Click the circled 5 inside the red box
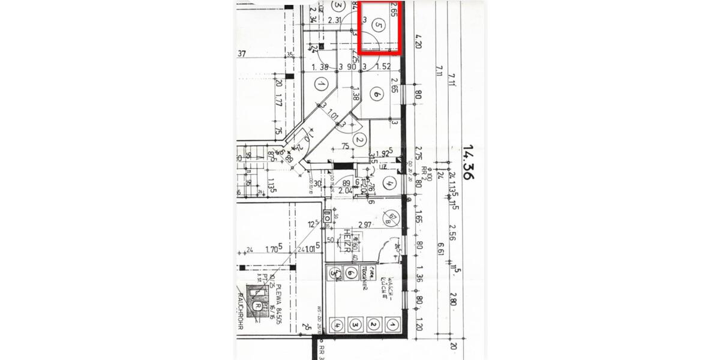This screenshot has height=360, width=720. click(x=377, y=25)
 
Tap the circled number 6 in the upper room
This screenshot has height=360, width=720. click(x=376, y=94)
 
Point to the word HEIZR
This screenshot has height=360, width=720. click(x=347, y=238)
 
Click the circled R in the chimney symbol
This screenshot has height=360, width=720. click(x=257, y=305)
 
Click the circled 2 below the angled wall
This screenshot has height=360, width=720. click(x=359, y=140)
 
